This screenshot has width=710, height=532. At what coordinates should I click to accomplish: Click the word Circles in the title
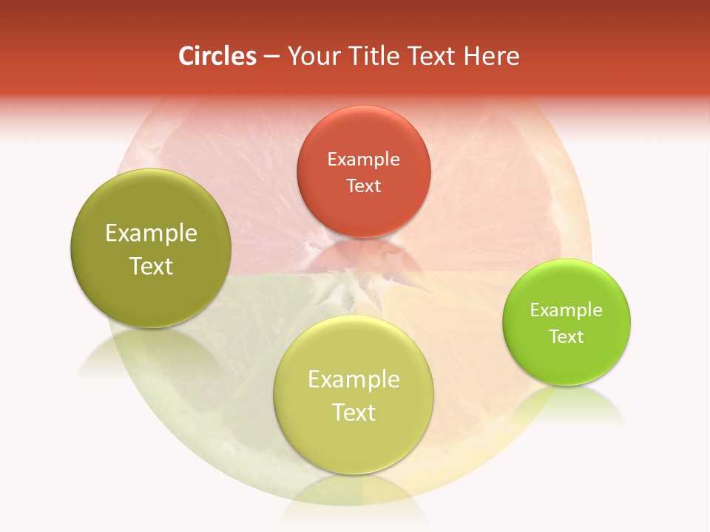[x=217, y=56]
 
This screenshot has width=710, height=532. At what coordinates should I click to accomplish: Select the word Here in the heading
[x=493, y=56]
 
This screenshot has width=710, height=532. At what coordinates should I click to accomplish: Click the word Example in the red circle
[x=363, y=160]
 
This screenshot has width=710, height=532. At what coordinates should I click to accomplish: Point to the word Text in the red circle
[x=363, y=185]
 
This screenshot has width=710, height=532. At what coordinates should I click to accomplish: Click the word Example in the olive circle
[x=151, y=233]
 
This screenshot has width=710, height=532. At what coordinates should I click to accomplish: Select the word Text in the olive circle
[x=151, y=266]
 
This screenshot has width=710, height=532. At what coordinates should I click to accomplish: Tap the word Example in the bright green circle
[x=567, y=310]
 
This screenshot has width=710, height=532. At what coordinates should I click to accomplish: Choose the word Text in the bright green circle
[x=567, y=337]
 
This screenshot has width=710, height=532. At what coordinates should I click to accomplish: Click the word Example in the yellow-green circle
[x=354, y=380]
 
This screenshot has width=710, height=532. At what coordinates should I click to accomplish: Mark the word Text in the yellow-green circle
[x=354, y=412]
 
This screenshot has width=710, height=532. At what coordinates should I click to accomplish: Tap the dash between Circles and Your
[x=271, y=57]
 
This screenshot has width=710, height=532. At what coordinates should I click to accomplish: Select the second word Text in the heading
[x=430, y=56]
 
